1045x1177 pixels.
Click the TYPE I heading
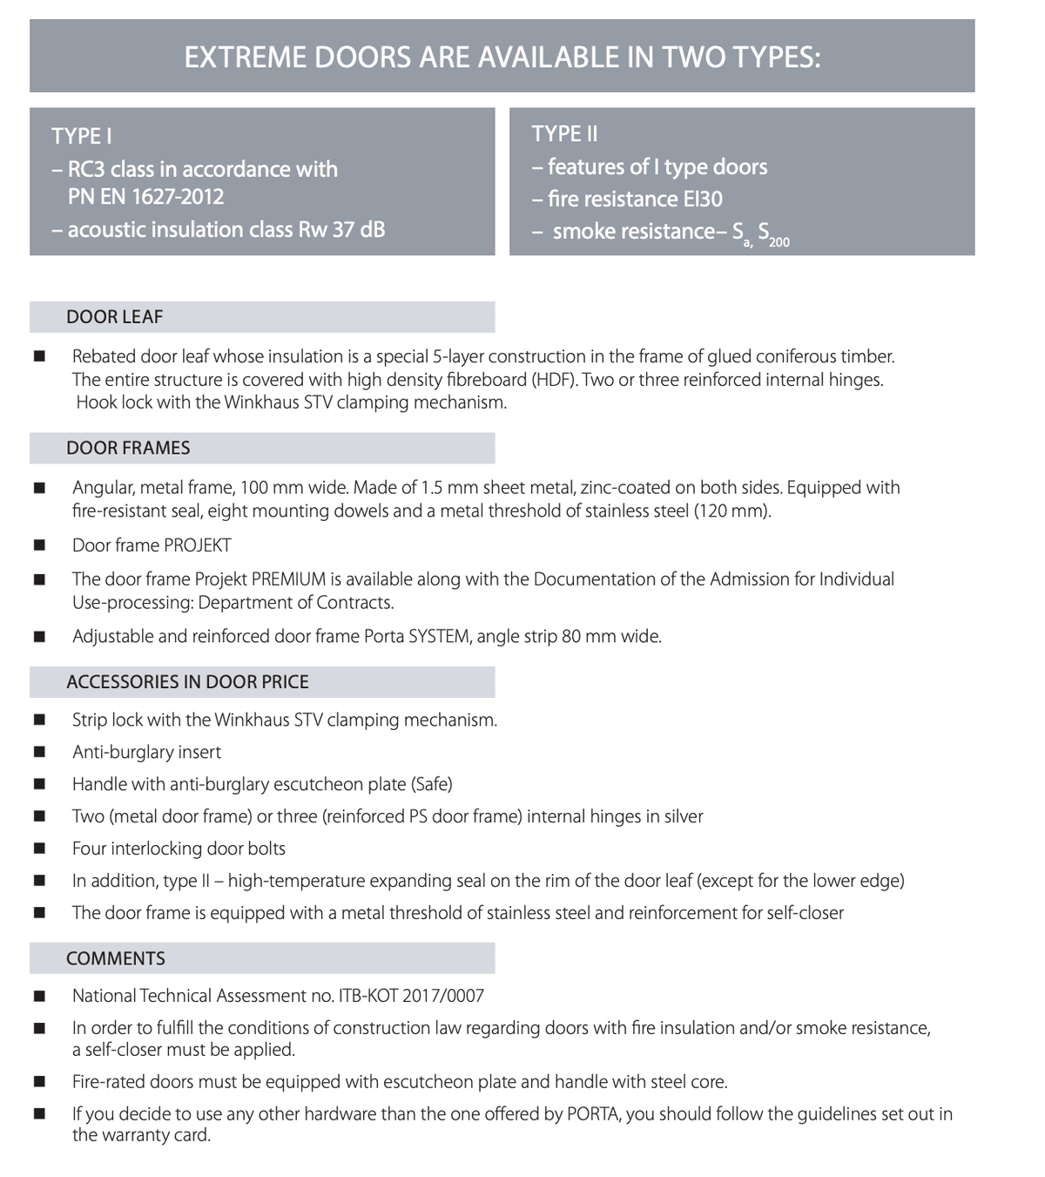point(81,136)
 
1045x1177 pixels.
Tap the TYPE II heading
point(564,134)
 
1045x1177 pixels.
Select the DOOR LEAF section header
point(114,317)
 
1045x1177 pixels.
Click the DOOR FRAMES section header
point(128,448)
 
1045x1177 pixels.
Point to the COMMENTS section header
point(116,958)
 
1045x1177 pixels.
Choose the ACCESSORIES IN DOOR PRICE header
point(187,682)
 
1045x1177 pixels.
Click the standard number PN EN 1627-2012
point(145,197)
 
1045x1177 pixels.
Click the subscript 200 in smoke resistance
point(779,242)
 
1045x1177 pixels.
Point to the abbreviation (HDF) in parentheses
point(556,380)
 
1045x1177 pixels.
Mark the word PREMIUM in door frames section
point(288,579)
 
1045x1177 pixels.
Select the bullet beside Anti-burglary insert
point(39,753)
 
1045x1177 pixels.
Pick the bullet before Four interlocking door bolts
point(39,849)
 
